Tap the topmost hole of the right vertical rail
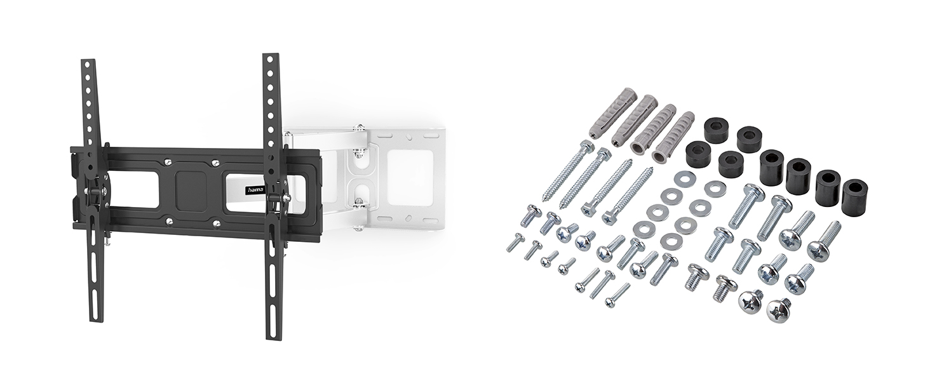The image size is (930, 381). [270, 59]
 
